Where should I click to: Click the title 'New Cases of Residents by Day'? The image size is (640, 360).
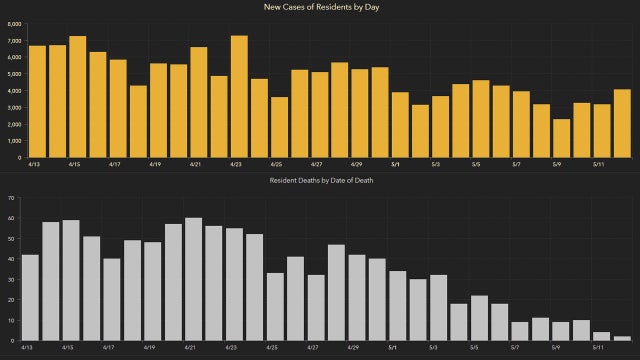(320, 8)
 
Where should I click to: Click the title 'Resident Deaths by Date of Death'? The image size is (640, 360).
(320, 180)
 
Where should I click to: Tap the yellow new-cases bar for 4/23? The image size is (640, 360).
(239, 97)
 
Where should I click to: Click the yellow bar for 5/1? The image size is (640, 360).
(400, 125)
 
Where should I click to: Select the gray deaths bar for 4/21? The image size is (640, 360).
(194, 280)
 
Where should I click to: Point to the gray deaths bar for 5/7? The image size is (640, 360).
(520, 331)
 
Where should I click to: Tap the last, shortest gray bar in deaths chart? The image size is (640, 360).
(622, 339)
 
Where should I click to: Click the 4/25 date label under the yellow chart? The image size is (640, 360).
(274, 164)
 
